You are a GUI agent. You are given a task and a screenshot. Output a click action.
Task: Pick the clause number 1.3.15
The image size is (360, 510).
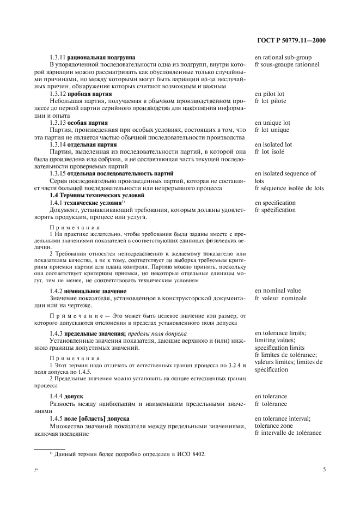pyautogui.click(x=57, y=174)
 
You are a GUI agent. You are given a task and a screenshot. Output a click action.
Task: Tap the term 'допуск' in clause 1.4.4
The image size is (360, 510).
pyautogui.click(x=74, y=396)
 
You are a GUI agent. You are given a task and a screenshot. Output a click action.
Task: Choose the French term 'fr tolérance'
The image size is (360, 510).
pyautogui.click(x=272, y=404)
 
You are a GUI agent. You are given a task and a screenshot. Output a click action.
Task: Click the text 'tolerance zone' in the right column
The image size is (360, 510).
pyautogui.click(x=274, y=426)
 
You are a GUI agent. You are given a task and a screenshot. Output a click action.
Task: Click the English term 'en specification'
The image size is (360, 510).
pyautogui.click(x=277, y=203)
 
